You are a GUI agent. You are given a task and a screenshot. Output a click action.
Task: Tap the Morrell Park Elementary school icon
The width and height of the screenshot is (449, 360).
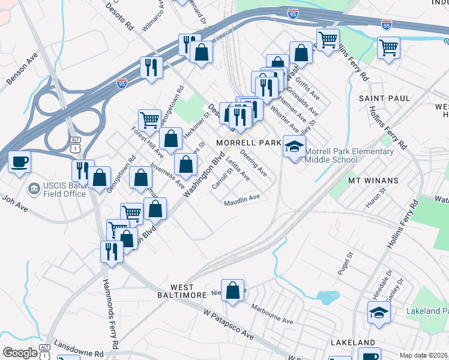pyautogui.click(x=294, y=146)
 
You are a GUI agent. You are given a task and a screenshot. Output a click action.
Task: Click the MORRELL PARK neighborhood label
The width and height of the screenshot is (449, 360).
pyautogui.click(x=248, y=143)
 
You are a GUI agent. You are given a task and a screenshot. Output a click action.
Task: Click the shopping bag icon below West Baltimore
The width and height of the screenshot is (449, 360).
pyautogui.click(x=232, y=289)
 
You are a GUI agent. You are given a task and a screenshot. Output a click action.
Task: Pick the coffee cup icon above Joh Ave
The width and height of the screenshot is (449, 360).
pyautogui.click(x=19, y=162)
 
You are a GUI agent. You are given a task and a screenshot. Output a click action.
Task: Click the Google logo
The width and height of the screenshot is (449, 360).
pyautogui.click(x=19, y=353)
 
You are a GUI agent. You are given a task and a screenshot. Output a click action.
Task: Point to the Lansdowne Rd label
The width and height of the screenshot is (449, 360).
pyautogui.click(x=79, y=349)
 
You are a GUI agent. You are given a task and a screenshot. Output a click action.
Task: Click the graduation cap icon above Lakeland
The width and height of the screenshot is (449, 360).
pyautogui.click(x=378, y=313)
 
